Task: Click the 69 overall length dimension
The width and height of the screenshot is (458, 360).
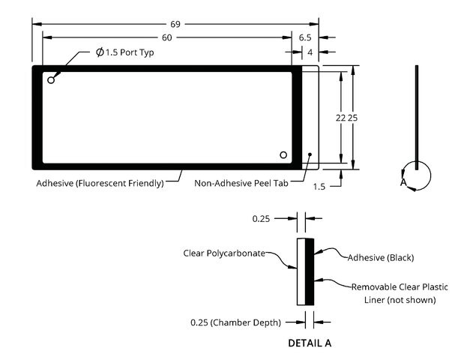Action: [175, 24]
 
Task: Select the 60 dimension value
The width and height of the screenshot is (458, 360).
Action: [167, 37]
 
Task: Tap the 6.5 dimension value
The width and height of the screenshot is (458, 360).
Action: [305, 37]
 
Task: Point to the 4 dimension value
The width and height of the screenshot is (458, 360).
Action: [310, 52]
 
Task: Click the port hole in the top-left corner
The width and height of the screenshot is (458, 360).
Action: [51, 79]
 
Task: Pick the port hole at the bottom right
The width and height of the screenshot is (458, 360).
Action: [283, 154]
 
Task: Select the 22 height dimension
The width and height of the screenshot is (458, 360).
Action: [340, 118]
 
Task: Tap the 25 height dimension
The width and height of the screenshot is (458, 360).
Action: [352, 118]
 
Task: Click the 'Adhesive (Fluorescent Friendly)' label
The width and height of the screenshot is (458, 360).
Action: [100, 184]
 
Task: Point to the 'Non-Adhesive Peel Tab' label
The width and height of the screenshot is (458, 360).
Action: [241, 183]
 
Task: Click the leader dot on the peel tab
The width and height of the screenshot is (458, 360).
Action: [310, 154]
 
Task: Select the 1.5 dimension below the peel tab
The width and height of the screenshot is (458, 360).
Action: [319, 187]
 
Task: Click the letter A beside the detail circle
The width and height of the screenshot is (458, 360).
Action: [403, 182]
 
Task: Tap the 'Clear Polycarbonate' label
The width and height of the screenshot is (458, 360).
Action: [224, 253]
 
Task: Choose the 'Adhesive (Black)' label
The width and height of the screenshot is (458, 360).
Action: [381, 258]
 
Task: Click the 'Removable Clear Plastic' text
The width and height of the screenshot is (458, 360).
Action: [400, 287]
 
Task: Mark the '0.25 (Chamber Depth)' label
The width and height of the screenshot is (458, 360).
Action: [235, 322]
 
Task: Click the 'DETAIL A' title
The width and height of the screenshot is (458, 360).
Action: [310, 343]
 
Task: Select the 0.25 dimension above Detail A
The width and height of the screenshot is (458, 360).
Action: [261, 219]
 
